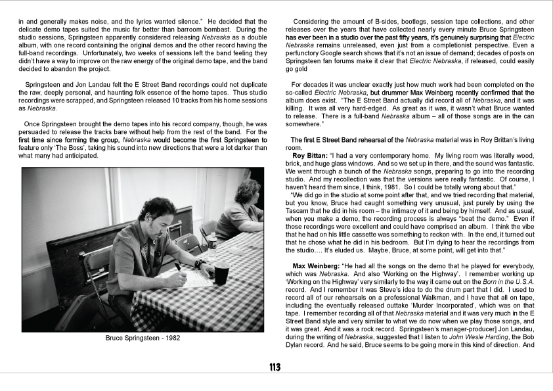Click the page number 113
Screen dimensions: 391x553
(x=276, y=367)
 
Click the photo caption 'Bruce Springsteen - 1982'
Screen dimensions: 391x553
(x=143, y=339)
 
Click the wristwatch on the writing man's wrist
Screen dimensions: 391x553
(x=200, y=264)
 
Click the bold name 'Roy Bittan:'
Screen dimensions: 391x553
(x=313, y=155)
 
